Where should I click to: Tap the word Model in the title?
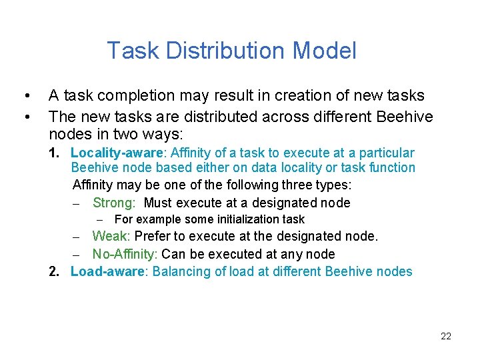pyautogui.click(x=325, y=51)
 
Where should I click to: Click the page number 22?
pyautogui.click(x=446, y=336)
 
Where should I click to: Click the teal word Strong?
pyautogui.click(x=114, y=203)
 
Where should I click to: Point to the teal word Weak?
pyautogui.click(x=111, y=236)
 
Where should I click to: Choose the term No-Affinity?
pyautogui.click(x=124, y=254)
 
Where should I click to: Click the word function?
pyautogui.click(x=390, y=168)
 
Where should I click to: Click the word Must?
pyautogui.click(x=159, y=203)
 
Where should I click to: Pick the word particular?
pyautogui.click(x=386, y=153)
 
